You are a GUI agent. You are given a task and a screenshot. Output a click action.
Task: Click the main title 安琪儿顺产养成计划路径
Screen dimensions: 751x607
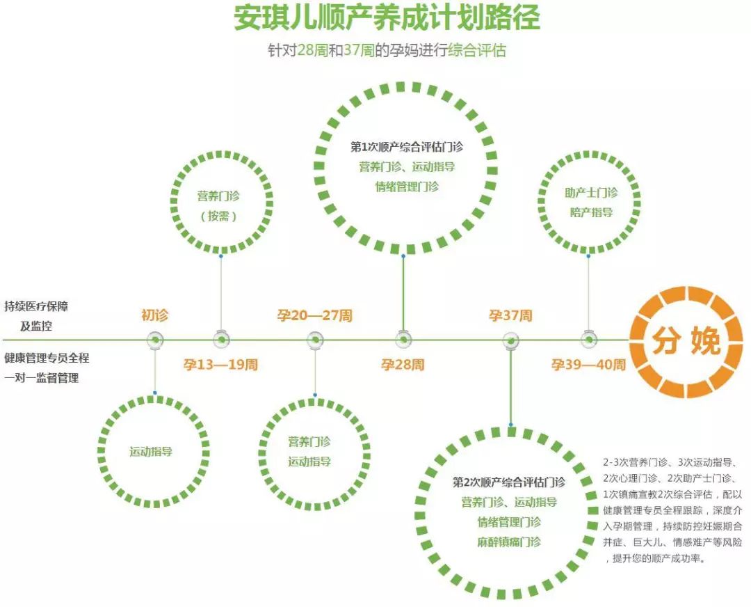pos(387,18)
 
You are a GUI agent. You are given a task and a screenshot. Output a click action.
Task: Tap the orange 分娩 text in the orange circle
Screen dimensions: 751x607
pos(686,341)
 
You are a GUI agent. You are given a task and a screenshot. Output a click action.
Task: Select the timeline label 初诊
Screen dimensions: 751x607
pos(154,315)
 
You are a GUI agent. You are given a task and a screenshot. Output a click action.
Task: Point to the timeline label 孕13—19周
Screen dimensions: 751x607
pos(220,365)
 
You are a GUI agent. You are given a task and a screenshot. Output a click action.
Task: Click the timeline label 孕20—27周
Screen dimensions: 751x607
pos(315,315)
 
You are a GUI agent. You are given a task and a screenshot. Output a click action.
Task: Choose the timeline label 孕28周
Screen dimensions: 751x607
pos(403,365)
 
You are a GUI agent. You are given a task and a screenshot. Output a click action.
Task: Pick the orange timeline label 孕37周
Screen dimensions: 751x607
pos(510,315)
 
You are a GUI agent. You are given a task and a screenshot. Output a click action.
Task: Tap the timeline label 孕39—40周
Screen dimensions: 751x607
pos(589,365)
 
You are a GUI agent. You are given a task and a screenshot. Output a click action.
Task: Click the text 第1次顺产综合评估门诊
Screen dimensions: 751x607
pos(407,147)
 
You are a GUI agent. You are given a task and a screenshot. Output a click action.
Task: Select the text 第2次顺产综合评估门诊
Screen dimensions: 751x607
pos(508,482)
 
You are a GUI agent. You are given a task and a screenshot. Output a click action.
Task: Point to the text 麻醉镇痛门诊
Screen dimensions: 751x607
pos(508,542)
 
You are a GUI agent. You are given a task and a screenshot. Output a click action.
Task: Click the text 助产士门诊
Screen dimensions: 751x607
pos(591,193)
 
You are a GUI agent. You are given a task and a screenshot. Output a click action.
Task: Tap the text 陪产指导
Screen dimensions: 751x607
pos(591,212)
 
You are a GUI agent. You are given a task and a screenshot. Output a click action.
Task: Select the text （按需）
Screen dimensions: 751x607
pos(218,216)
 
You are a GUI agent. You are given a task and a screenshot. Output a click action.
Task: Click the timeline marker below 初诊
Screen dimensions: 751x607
pos(155,340)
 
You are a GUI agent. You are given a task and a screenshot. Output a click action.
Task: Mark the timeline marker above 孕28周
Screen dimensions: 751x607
pos(403,340)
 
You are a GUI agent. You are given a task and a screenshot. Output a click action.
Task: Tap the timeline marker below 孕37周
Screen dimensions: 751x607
pos(510,341)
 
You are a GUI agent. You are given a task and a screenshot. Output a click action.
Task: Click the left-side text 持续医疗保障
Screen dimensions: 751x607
pos(36,306)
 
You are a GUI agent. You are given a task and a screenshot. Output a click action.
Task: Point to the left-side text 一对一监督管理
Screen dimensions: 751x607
pos(42,378)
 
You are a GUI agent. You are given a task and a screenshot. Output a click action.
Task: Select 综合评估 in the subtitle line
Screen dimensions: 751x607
pos(476,50)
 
